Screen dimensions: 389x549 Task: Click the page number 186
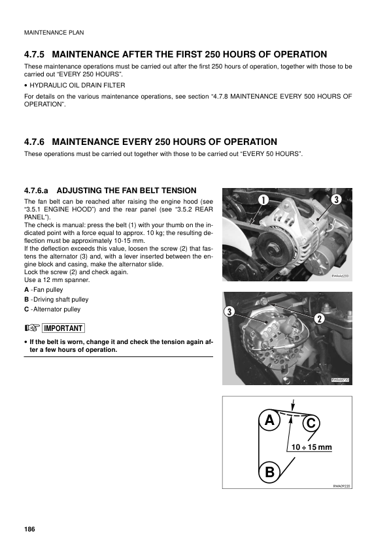pos(29,527)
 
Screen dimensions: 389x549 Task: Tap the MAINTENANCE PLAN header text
pos(54,32)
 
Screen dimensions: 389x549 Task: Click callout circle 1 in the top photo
pos(263,198)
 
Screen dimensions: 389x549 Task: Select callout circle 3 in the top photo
pos(335,198)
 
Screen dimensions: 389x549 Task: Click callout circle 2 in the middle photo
pos(320,319)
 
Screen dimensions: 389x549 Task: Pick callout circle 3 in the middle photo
pos(229,311)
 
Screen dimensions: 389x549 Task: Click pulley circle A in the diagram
pos(268,421)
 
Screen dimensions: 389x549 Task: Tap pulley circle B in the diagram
pos(269,471)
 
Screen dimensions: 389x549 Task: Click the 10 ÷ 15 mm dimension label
pos(312,448)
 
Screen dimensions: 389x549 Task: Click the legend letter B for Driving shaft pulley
pos(26,299)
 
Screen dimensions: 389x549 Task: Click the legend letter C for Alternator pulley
pos(26,309)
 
